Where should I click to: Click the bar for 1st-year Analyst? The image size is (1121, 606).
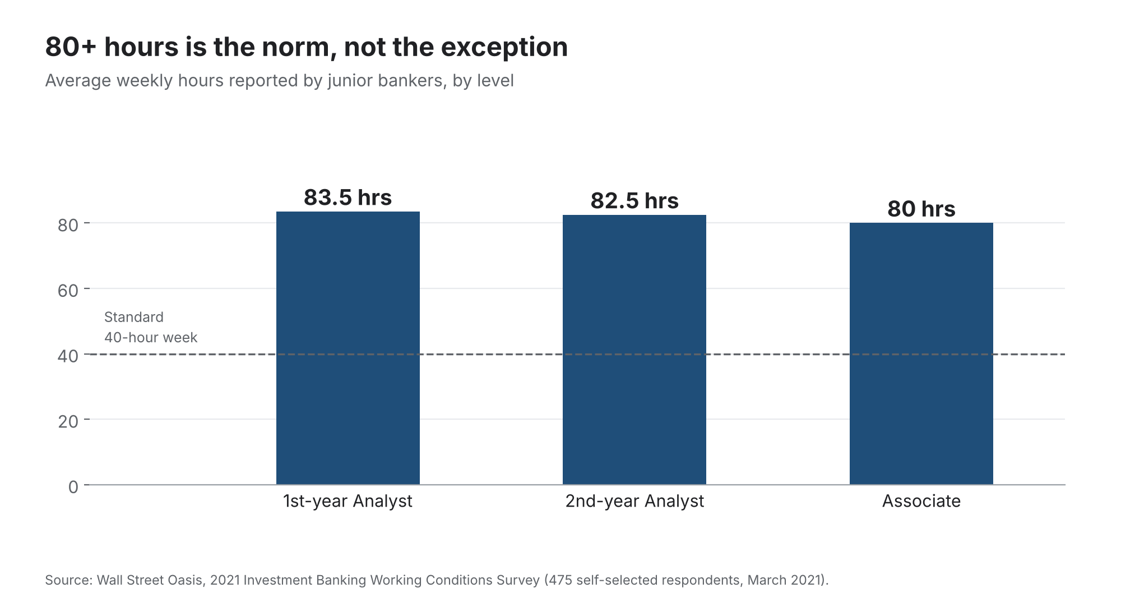348,348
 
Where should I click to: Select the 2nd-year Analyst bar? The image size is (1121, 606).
634,350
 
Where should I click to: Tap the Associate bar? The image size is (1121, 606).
921,353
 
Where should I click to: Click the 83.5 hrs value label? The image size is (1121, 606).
348,198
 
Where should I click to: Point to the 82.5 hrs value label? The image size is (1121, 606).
634,201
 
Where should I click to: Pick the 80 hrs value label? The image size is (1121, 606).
921,209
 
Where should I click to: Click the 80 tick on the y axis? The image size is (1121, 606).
68,225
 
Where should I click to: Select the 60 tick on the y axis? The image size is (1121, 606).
68,291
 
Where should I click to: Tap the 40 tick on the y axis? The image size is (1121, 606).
68,356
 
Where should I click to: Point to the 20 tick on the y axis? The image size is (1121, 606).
68,421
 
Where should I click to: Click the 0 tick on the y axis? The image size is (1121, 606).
73,487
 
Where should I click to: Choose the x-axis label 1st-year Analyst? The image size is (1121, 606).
348,501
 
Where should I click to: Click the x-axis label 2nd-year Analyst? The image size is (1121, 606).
634,501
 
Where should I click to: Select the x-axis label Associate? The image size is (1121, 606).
921,501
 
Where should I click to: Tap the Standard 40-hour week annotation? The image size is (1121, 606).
151,327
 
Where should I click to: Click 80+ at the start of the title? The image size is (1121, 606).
71,47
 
